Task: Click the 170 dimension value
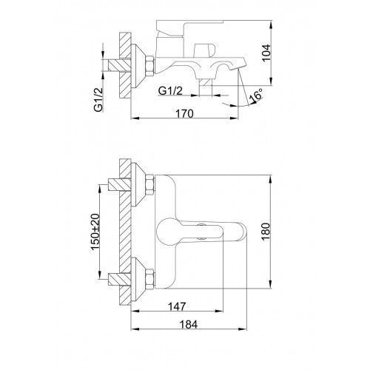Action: [184, 114]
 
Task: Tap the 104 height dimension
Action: [266, 53]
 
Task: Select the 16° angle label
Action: [256, 95]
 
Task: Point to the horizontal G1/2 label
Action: [170, 91]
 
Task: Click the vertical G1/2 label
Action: [98, 100]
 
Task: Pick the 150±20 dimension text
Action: [95, 232]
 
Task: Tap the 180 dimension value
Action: [266, 232]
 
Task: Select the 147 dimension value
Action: [177, 306]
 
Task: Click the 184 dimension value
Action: [189, 325]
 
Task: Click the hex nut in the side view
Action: [150, 66]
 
